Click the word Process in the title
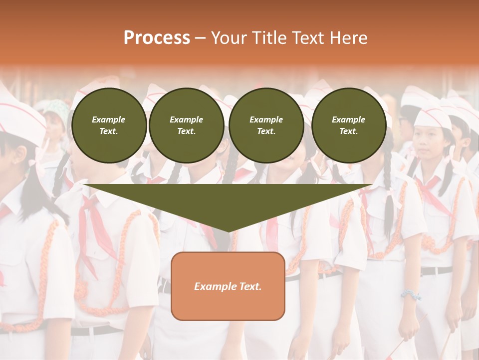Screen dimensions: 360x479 pos(157,38)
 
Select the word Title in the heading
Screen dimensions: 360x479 pos(271,38)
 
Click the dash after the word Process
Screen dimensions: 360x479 pos(200,39)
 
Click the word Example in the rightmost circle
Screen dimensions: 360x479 pos(349,119)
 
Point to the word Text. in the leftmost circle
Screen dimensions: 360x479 pos(109,131)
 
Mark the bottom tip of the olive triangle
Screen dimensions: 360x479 pos(229,230)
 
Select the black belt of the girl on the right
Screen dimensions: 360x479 pos(436,270)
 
